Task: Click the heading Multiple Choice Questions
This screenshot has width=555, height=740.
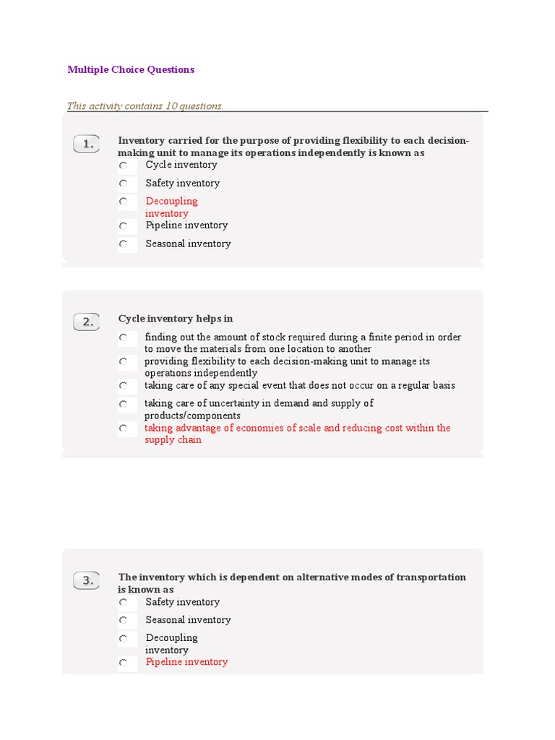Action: coord(131,69)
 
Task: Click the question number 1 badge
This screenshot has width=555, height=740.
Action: coord(87,144)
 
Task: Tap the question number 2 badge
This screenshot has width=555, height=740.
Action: coord(87,322)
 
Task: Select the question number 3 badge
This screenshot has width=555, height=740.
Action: coord(87,580)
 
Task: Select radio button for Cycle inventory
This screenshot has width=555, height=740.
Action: coord(124,165)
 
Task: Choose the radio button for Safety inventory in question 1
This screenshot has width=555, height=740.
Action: coord(124,184)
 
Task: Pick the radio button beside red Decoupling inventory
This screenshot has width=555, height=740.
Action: coord(124,202)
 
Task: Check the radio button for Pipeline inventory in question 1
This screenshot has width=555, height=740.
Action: coord(124,226)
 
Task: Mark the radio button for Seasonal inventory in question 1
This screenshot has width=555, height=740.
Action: coord(124,244)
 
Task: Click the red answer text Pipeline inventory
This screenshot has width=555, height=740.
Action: coord(186,662)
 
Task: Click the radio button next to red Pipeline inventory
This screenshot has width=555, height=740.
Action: coord(124,663)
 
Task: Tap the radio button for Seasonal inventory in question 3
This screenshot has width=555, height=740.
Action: coord(124,621)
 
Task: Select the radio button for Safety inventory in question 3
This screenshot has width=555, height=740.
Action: coord(124,603)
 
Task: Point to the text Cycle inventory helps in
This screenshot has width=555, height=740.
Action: coord(176,319)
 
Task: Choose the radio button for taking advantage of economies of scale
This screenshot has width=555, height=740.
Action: coord(124,429)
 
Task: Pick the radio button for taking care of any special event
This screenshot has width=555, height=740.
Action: coord(124,386)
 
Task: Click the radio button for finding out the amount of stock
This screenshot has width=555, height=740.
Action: coord(124,337)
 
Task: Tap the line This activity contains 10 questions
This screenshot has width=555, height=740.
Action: coord(145,106)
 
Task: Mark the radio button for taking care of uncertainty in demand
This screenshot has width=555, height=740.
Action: coord(124,404)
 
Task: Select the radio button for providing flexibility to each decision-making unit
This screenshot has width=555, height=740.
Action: coord(124,361)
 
